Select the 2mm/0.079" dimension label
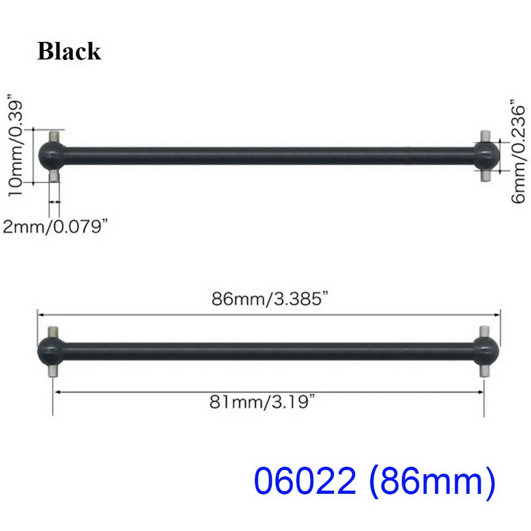point(55,227)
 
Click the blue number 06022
point(305,481)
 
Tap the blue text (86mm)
point(431,481)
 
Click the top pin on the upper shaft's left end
point(54,137)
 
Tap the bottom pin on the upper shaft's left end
point(54,176)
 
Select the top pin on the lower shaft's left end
point(53,331)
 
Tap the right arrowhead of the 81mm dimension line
point(481,392)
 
